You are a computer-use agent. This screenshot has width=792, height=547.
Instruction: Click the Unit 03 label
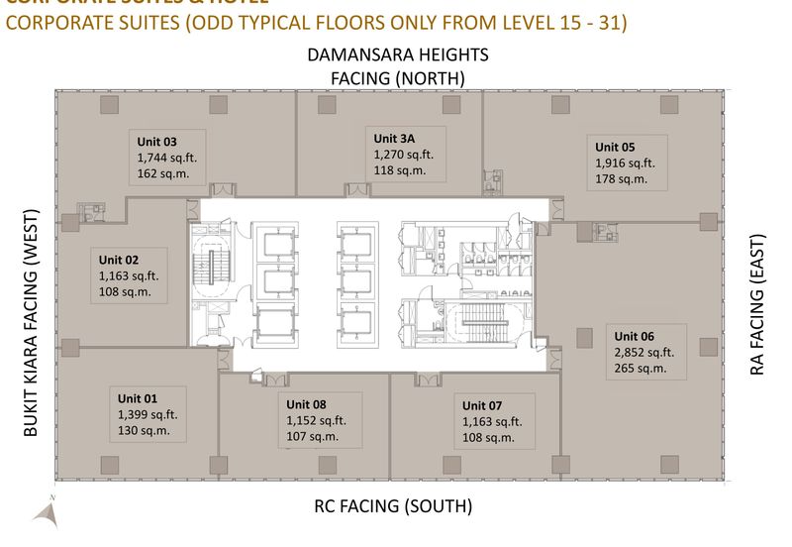coord(156,142)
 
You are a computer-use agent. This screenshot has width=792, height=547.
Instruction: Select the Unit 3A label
coord(395,139)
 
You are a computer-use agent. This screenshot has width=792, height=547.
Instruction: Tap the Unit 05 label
coord(615,148)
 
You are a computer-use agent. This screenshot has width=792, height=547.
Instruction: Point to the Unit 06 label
coord(634,336)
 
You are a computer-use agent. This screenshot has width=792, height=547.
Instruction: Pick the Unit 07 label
coord(483,405)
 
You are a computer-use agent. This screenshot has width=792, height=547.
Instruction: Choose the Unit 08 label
coord(307,404)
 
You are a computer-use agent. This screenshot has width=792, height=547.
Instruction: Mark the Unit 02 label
coord(118,261)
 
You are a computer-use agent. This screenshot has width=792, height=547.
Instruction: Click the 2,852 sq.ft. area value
coord(644,352)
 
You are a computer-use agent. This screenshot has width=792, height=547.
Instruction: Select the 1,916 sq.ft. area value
coord(625,164)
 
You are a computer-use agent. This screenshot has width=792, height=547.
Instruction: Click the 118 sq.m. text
coord(400,170)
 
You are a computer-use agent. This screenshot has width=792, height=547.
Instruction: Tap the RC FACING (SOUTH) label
coord(393,506)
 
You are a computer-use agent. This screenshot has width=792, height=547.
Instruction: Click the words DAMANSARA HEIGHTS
coord(397,55)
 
